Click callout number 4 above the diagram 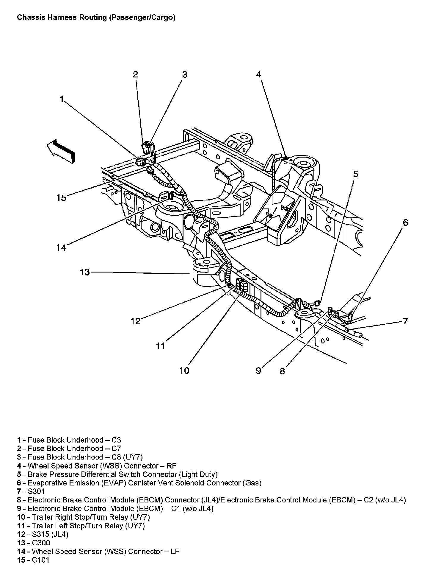pos(259,74)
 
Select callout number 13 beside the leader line pos(85,272)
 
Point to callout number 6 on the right pos(406,223)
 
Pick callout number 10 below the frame pos(184,371)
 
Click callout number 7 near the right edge pos(406,321)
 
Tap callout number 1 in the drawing pos(62,99)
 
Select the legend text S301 pos(36,491)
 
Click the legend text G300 pos(39,543)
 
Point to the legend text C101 pos(40,560)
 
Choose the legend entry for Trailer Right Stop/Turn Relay pos(84,517)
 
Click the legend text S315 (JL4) pos(48,534)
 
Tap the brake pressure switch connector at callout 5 pos(317,303)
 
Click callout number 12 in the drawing pos(136,321)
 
